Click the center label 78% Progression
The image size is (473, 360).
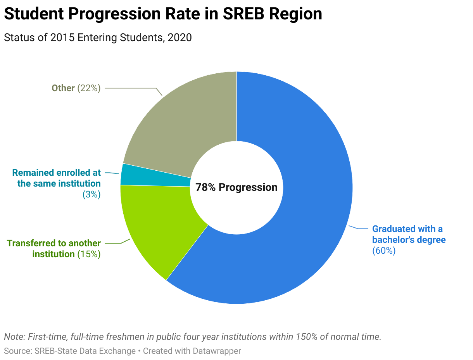point(236,187)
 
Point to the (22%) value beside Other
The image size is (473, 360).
point(89,88)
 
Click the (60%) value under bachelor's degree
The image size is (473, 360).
point(384,251)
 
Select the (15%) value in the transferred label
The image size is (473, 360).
point(89,254)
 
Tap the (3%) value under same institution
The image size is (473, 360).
point(91,194)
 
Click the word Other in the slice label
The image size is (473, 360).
point(63,88)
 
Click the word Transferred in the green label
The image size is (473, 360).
point(36,243)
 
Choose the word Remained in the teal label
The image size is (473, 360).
point(33,173)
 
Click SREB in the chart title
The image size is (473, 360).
point(243,14)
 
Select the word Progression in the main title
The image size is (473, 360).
point(114,14)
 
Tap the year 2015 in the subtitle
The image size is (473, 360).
point(62,38)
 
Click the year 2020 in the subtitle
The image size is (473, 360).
point(180,38)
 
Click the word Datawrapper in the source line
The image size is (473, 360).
point(217,351)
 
